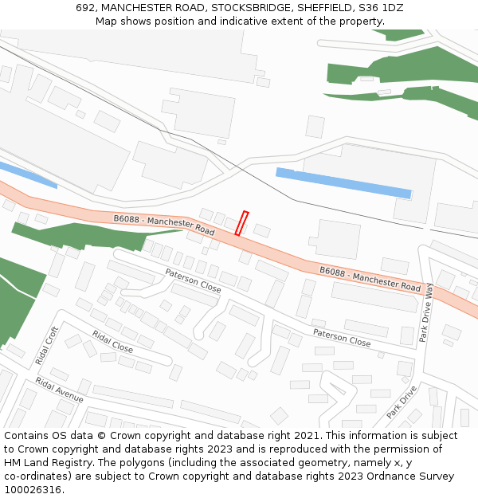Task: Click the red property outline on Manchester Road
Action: pos(242,223)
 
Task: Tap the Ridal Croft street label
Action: pos(48,346)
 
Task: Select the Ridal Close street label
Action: pos(112,341)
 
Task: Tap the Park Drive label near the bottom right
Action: pos(402,402)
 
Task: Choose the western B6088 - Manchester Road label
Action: pos(164,224)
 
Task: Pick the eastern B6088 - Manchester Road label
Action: pos(370,278)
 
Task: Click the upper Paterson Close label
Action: pos(193,280)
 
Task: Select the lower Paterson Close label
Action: pos(341,338)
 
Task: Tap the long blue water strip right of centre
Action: pos(343,182)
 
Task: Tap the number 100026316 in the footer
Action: pos(33,490)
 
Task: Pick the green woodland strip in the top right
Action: pos(398,70)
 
